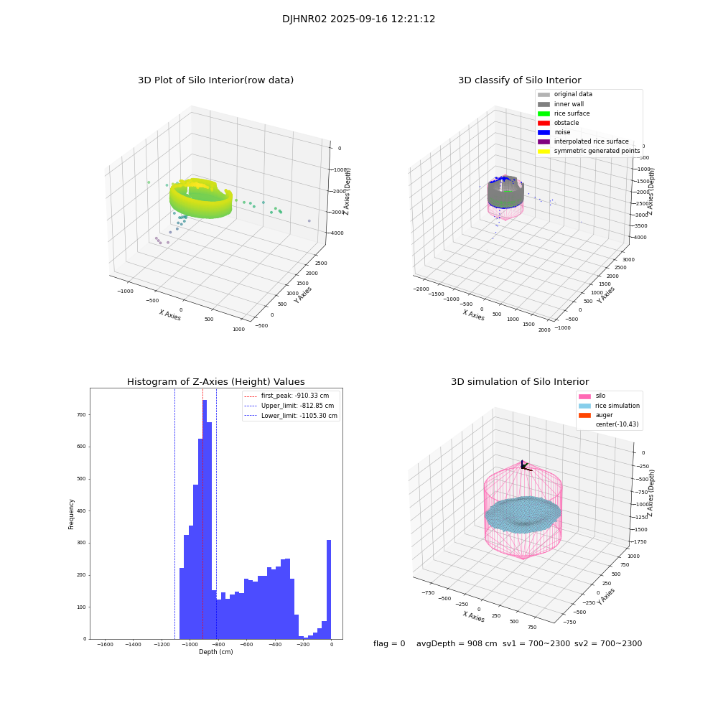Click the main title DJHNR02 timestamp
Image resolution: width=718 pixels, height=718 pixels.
coord(358,19)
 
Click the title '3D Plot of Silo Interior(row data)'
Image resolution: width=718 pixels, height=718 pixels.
coord(215,80)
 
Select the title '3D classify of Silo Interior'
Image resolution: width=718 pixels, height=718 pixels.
coord(519,80)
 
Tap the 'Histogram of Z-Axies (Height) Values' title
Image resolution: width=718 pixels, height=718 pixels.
coord(215,382)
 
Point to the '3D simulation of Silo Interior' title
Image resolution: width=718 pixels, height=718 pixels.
coord(519,382)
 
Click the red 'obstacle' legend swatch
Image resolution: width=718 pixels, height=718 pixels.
coord(544,123)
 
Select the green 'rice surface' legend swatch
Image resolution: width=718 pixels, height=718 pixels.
coord(544,113)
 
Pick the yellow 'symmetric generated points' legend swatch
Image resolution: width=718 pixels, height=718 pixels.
coord(544,151)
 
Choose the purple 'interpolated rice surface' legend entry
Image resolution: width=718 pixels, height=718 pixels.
coord(544,141)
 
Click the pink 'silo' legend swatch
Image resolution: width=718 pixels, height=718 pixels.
coord(584,396)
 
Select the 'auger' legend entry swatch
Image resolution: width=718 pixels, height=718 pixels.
coord(584,415)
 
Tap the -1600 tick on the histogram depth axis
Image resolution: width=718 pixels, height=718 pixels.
coord(105,645)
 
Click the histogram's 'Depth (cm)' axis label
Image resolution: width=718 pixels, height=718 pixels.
coord(215,652)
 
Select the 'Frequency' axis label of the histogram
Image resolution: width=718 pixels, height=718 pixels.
coord(72,513)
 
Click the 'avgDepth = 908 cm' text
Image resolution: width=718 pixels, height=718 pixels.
coord(457,644)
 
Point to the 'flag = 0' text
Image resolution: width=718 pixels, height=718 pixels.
coord(389,644)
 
